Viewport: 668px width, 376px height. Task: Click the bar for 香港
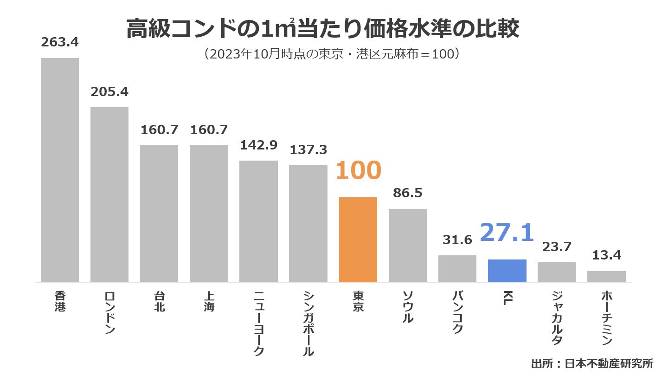pos(60,170)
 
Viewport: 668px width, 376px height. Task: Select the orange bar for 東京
pos(358,240)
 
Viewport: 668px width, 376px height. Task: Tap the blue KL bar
pos(507,271)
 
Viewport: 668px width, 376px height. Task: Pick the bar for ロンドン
pos(109,194)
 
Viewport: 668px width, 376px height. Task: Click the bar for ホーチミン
pos(606,277)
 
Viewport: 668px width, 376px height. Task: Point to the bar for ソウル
pos(407,245)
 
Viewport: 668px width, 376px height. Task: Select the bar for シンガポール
pos(308,223)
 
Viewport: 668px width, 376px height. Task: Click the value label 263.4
pos(60,42)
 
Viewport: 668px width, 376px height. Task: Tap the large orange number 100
pos(358,171)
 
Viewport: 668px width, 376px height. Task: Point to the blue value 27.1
pos(507,233)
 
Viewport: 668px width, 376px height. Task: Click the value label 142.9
pos(258,145)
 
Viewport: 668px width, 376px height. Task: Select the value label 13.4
pos(606,255)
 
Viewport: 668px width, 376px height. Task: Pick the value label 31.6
pos(457,240)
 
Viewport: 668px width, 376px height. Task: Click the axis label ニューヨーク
pos(259,323)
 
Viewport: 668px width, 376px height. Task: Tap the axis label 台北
pos(159,301)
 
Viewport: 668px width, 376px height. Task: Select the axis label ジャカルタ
pos(557,318)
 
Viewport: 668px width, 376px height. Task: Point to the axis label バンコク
pos(457,312)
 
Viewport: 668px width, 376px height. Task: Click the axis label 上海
pos(209,301)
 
